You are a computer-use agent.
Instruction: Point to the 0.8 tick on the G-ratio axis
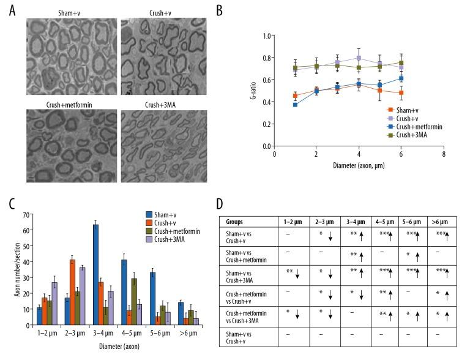(264, 58)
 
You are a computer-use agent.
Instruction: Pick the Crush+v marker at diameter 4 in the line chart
(359, 58)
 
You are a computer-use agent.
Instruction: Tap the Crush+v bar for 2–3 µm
(72, 293)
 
